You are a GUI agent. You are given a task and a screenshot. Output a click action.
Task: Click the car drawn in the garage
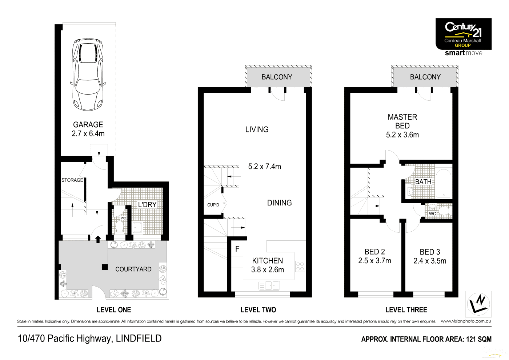[x=88, y=75]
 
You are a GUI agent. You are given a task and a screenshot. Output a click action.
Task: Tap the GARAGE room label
[x=88, y=125]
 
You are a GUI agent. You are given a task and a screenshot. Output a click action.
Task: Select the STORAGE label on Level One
[x=72, y=180]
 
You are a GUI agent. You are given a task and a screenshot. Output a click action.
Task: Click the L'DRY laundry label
[x=147, y=205]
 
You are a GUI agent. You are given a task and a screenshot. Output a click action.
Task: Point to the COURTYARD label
[x=133, y=269]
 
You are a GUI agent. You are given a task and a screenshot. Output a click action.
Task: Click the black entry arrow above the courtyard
[x=97, y=239]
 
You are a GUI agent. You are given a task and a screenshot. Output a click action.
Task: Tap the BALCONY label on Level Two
[x=277, y=77]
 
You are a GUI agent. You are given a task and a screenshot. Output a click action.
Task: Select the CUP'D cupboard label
[x=213, y=205]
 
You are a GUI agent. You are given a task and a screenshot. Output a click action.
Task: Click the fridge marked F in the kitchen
[x=237, y=249]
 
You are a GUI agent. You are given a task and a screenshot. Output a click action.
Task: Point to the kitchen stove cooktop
[x=300, y=266]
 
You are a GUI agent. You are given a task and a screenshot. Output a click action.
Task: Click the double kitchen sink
[x=269, y=285]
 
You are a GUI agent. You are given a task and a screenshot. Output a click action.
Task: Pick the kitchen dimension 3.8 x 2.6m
[x=267, y=270]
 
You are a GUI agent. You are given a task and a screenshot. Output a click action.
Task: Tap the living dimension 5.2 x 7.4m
[x=264, y=167]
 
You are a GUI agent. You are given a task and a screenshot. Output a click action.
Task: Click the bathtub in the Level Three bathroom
[x=443, y=183]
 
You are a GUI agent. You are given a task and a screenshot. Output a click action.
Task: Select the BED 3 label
[x=430, y=252]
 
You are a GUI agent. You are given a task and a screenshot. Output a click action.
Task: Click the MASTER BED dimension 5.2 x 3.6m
[x=402, y=135]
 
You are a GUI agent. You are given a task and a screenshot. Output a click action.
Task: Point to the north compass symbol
[x=478, y=304]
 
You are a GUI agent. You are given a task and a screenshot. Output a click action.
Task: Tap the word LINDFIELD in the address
[x=139, y=339]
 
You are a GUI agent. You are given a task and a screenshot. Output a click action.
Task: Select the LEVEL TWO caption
[x=258, y=310]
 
